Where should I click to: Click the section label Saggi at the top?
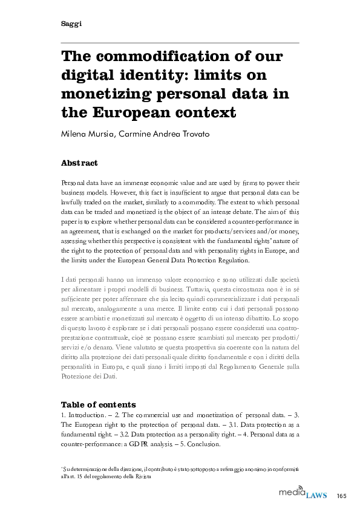click(71, 24)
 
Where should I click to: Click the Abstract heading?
click(79, 163)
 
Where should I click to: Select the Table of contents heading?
click(99, 404)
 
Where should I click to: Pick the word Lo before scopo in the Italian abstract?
click(277, 316)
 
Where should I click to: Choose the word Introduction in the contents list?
click(88, 415)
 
